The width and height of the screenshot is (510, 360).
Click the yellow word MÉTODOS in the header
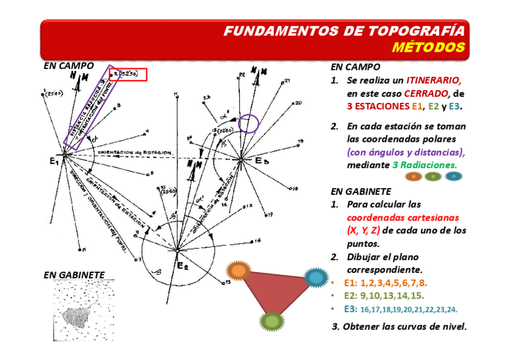[x=429, y=47]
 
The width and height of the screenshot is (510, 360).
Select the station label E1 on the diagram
[x=54, y=161]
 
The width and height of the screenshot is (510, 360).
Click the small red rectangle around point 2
[x=128, y=75]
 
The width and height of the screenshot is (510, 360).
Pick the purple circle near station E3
[x=248, y=124]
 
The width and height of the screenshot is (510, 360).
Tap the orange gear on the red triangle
[x=239, y=270]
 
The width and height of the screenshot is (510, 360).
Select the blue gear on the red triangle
[x=314, y=277]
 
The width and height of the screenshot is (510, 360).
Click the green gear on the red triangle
[x=272, y=320]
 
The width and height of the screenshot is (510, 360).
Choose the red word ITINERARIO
[x=434, y=81]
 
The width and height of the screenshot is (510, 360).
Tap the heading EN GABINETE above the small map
[x=74, y=275]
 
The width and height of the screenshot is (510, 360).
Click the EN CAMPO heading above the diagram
[x=69, y=66]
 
